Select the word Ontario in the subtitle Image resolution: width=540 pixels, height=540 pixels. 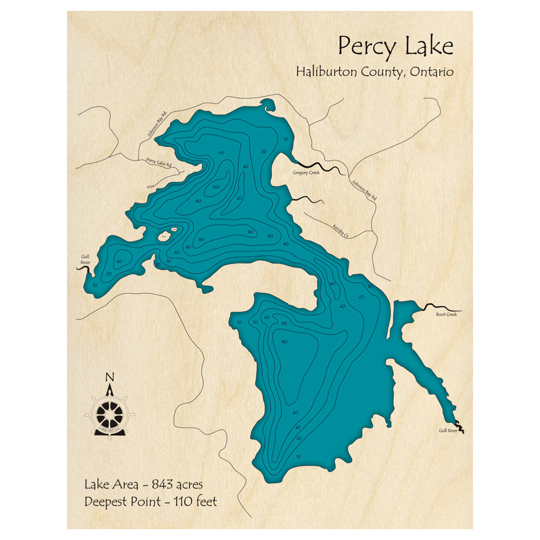[x=431, y=72]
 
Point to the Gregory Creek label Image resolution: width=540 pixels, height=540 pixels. [x=306, y=173]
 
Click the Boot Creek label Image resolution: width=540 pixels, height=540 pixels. [x=446, y=314]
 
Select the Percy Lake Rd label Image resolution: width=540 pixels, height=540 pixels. [x=158, y=163]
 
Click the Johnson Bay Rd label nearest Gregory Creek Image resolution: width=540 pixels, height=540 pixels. [x=364, y=190]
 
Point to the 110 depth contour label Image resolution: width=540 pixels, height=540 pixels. [x=215, y=187]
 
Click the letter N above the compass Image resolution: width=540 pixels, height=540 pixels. [x=110, y=377]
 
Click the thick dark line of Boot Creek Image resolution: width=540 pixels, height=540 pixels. [x=435, y=307]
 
